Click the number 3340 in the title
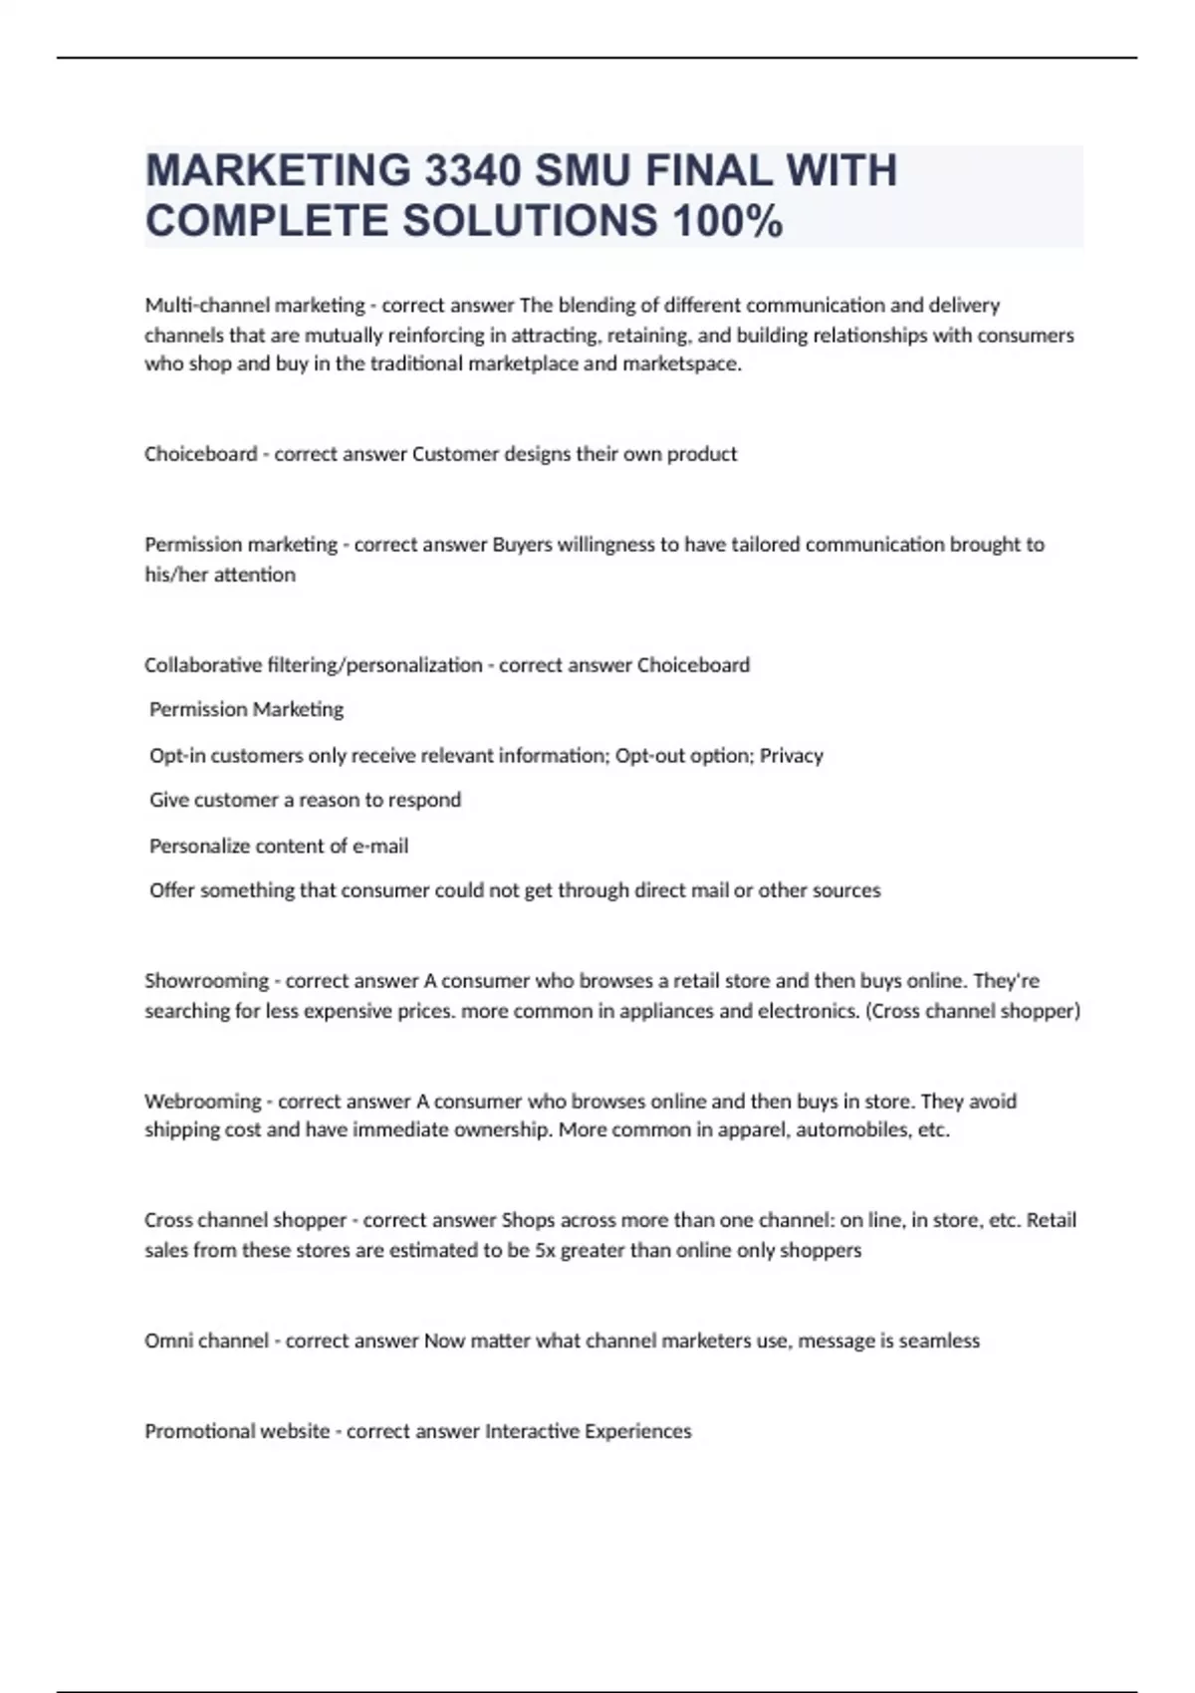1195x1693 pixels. point(472,170)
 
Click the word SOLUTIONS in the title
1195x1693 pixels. point(530,221)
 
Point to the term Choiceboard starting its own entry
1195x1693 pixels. point(200,454)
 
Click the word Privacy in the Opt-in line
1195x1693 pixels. point(792,756)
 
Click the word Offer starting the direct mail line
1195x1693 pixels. point(171,890)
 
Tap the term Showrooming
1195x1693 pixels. point(206,981)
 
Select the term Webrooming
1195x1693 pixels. point(202,1101)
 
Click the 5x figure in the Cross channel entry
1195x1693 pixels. point(545,1250)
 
